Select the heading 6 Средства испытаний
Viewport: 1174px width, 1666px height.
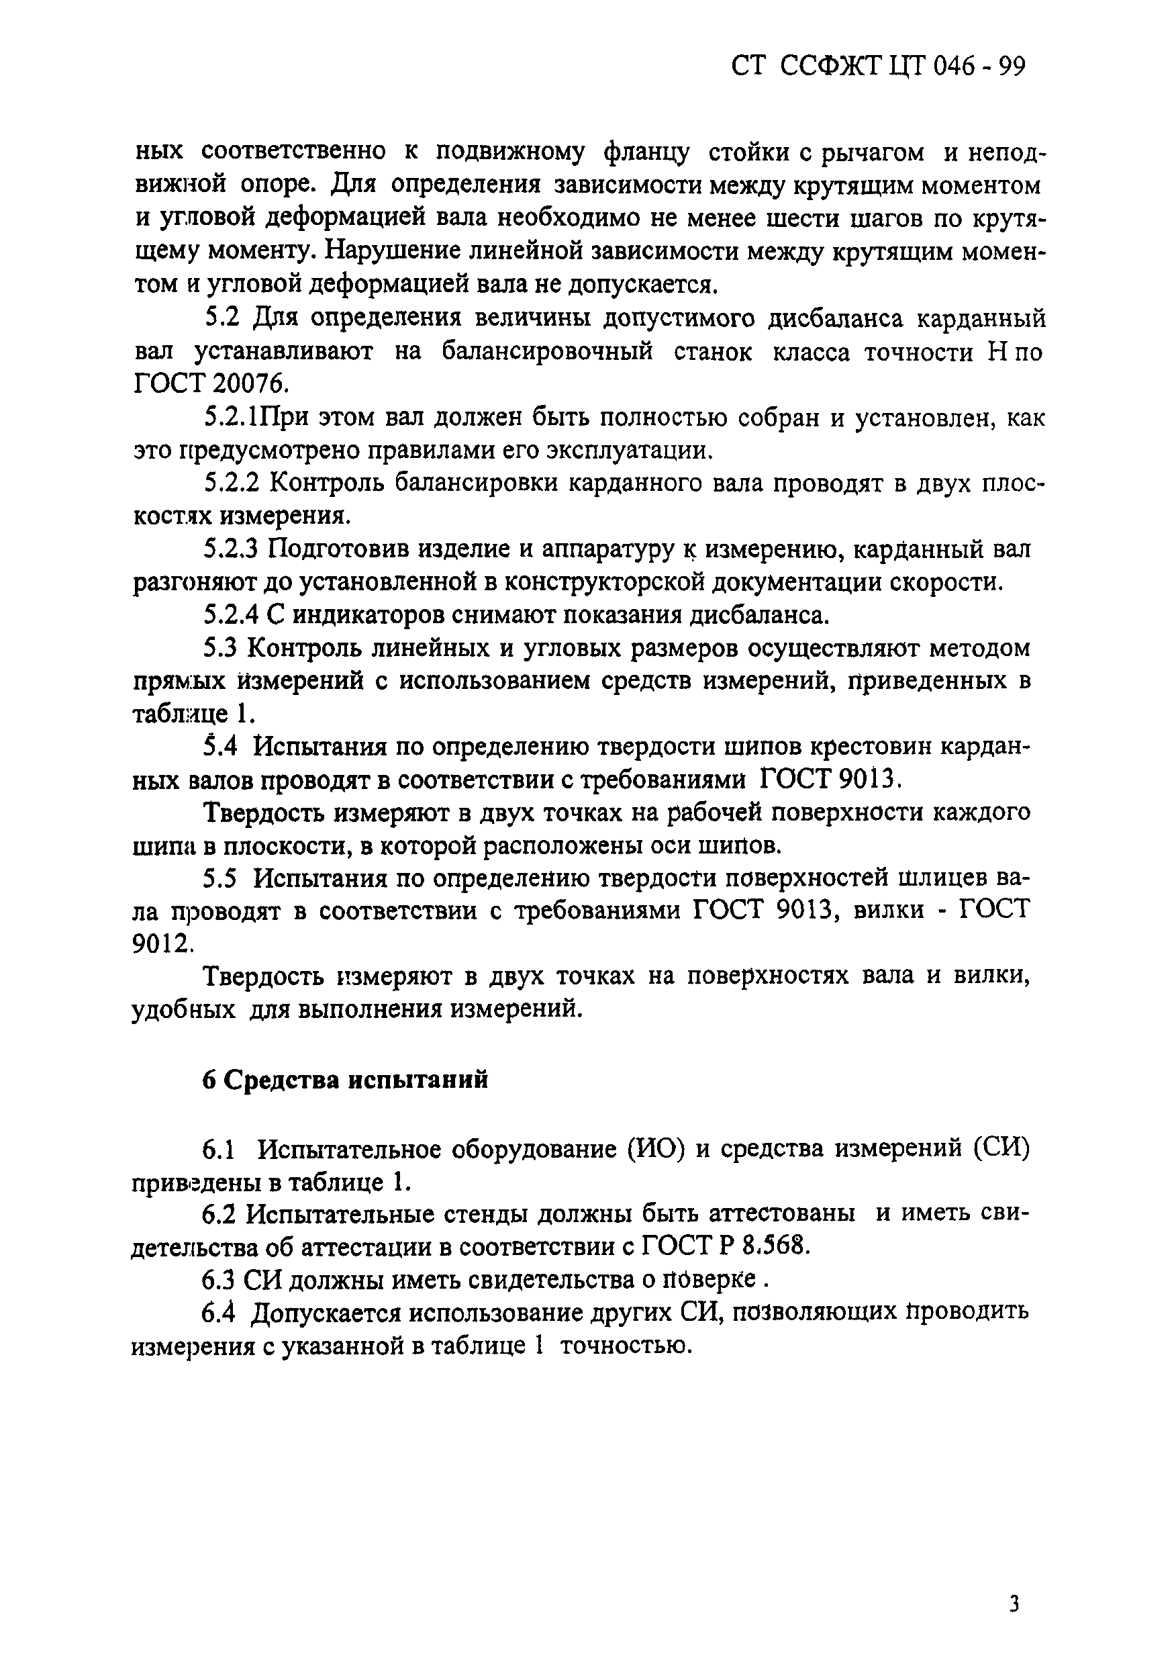coord(344,1080)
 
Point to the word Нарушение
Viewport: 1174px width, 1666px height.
coord(388,250)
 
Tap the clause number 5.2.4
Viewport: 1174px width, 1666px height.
coord(232,614)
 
